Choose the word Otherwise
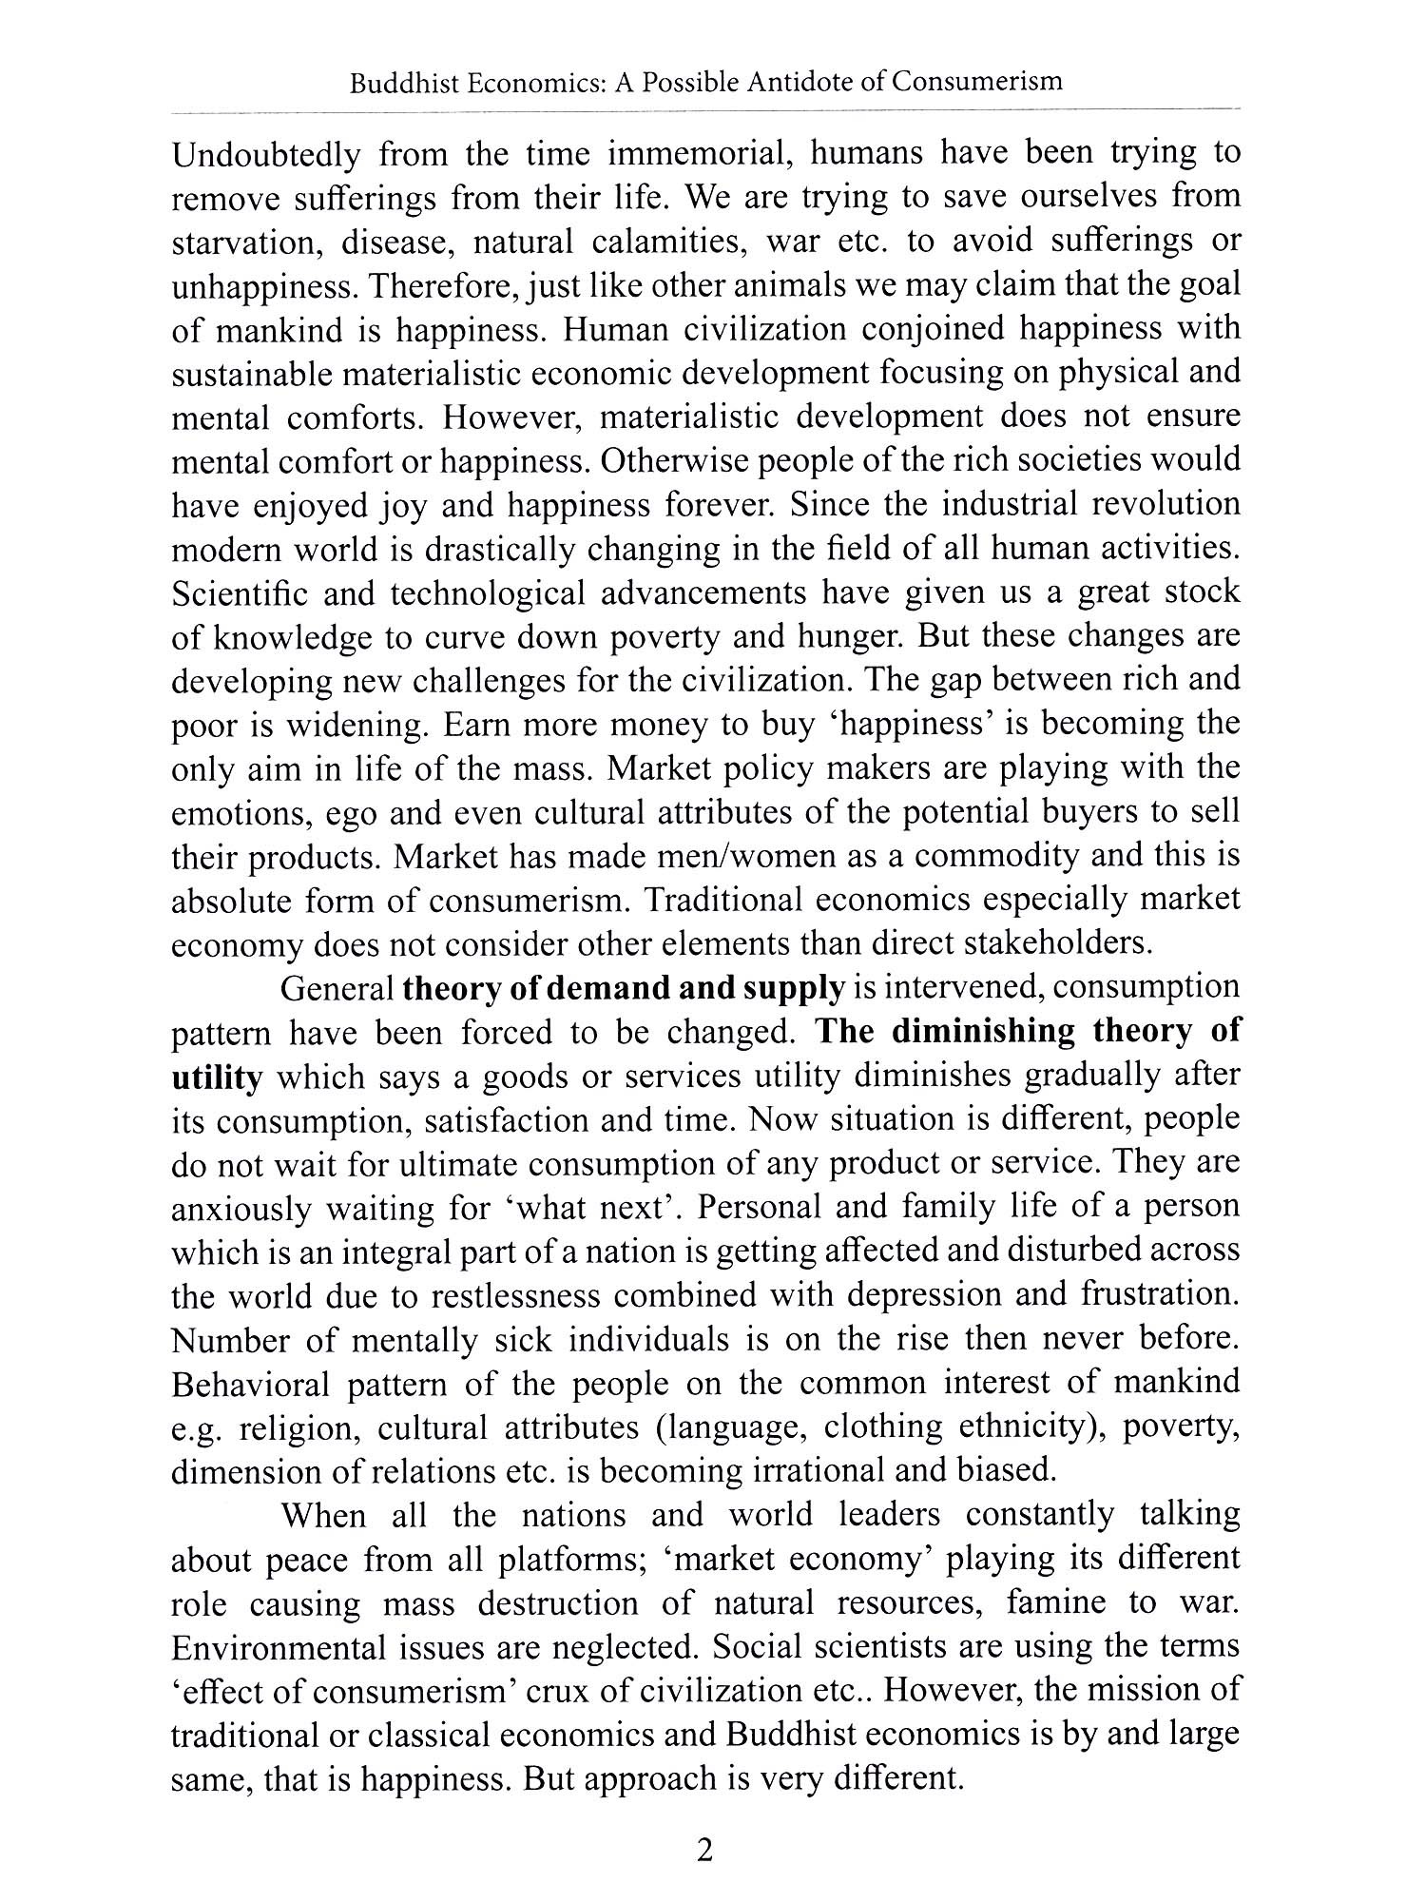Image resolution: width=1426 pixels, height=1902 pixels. [672, 461]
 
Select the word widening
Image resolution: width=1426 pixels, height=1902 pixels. [358, 725]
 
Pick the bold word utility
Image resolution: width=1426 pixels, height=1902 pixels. [216, 1077]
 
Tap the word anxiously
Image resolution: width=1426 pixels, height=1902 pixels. [241, 1209]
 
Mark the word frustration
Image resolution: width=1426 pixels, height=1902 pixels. [1159, 1296]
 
